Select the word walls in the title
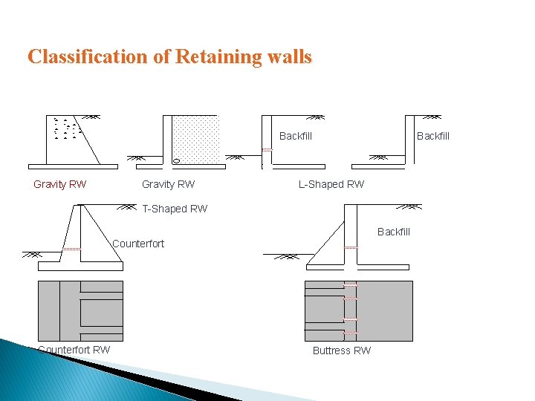tap(288, 57)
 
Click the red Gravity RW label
tap(59, 184)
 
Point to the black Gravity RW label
tap(168, 184)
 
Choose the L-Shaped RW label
tap(331, 184)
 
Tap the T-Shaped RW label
tap(175, 209)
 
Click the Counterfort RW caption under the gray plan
tap(74, 350)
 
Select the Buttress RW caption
tap(341, 351)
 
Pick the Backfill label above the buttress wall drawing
tap(393, 232)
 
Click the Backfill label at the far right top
tap(432, 136)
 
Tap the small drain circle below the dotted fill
tap(176, 160)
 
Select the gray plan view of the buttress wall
tap(358, 310)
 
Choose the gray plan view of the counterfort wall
tap(80, 310)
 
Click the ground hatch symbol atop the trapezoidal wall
tap(93, 117)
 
